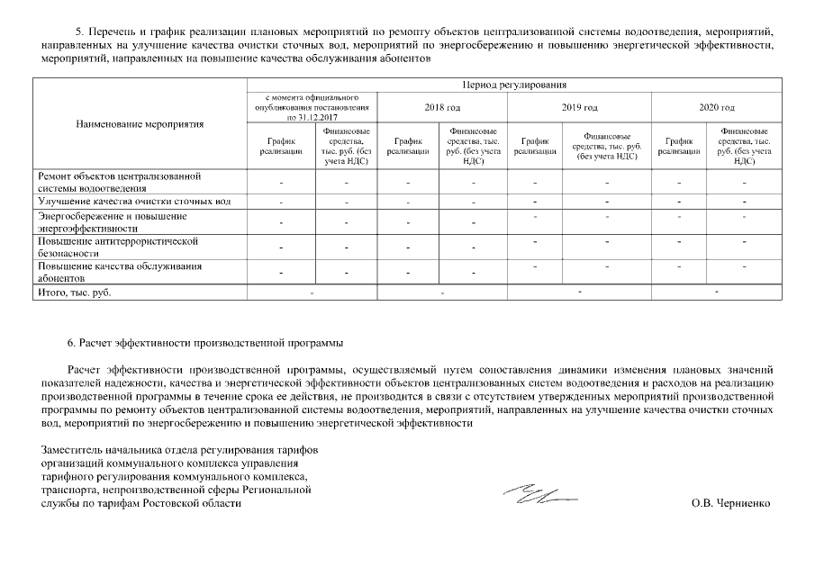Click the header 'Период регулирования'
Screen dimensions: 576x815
[x=512, y=85]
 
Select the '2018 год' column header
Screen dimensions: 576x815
[x=442, y=107]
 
